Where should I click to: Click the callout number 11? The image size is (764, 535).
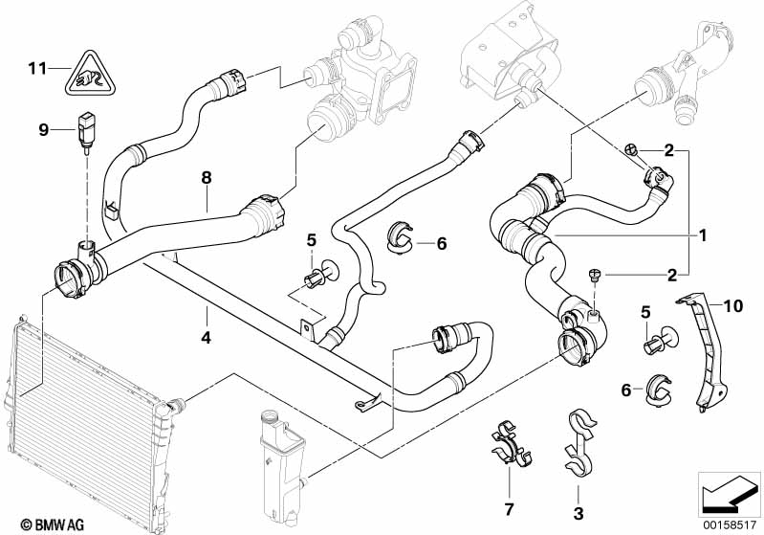click(37, 69)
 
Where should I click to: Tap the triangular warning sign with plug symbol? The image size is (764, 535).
click(92, 73)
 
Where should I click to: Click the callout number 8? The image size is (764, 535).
click(207, 177)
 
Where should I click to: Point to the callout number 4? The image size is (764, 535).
click(207, 338)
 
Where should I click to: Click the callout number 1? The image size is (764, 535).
click(702, 236)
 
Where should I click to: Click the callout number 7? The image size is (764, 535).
click(509, 509)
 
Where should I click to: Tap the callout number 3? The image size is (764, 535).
click(578, 513)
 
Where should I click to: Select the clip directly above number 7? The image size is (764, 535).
click(511, 442)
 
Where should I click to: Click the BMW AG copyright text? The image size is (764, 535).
click(53, 524)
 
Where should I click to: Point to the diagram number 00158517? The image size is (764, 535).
click(731, 525)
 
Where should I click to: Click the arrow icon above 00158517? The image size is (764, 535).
click(729, 495)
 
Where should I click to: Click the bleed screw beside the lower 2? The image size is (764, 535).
click(595, 276)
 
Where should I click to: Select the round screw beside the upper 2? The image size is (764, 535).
click(631, 149)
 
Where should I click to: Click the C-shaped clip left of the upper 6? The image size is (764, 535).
click(400, 237)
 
